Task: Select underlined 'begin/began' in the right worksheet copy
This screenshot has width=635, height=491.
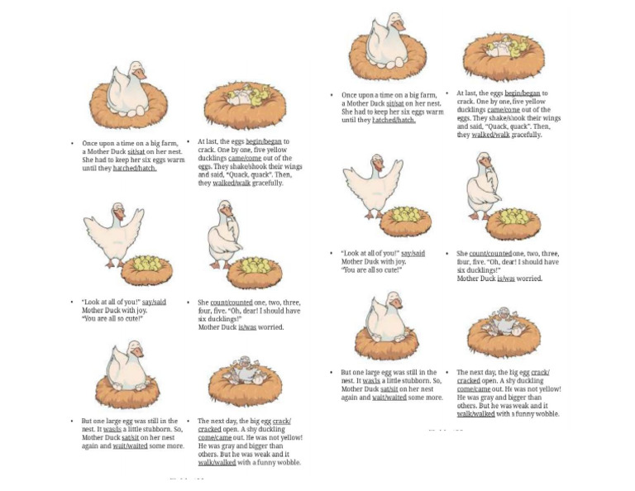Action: coord(522,93)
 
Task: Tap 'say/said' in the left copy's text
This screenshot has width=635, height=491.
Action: coord(154,303)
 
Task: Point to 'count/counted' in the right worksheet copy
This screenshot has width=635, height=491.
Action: coord(489,254)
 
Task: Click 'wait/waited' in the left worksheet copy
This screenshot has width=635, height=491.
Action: coord(130,446)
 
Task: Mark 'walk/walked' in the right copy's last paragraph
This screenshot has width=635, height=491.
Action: coord(475,414)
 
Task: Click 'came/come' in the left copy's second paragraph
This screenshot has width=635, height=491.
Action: coord(249,159)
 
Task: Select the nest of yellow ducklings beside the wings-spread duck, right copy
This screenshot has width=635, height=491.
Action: coord(404,219)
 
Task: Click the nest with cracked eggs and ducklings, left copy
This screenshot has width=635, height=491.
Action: coord(245,103)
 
